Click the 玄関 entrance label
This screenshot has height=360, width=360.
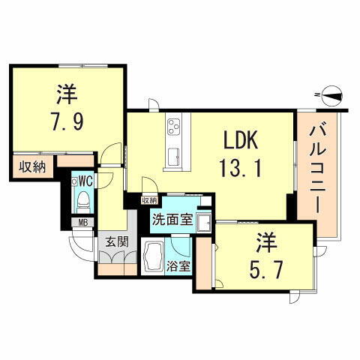115,241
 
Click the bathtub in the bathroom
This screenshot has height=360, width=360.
154,258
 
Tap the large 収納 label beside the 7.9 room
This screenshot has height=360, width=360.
31,166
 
